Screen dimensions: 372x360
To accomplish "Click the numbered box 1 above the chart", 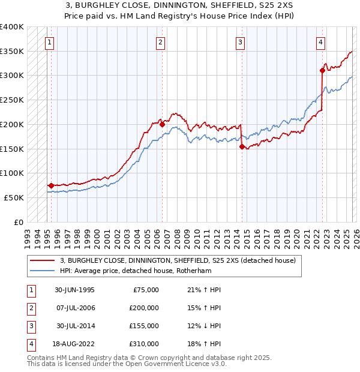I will coord(49,42).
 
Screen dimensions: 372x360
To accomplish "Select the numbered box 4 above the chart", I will coord(321,42).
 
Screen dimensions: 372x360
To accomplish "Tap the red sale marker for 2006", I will coord(162,125).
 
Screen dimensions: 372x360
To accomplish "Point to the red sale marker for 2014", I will coord(242,146).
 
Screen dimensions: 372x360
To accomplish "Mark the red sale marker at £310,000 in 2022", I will coord(322,70).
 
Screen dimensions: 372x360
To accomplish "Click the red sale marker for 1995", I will coord(51,185).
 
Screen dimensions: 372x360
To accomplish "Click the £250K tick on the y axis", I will coord(12,100).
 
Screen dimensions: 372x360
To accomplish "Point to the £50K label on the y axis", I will coord(14,197).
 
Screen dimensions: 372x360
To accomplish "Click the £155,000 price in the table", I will coord(144,326).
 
